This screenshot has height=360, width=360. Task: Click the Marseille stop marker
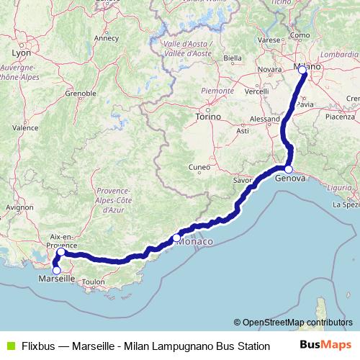pos(56,270)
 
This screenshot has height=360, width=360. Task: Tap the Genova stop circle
pos(288,170)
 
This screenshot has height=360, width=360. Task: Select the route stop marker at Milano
pos(302,71)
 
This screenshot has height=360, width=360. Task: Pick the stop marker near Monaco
pos(176,237)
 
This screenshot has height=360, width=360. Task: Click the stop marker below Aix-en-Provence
pos(60,252)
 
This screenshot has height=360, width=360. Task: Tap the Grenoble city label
pos(81,93)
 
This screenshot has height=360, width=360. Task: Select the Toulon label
pos(94,282)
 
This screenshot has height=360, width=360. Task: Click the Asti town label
pos(243,130)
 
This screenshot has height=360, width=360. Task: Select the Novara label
pos(269,69)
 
